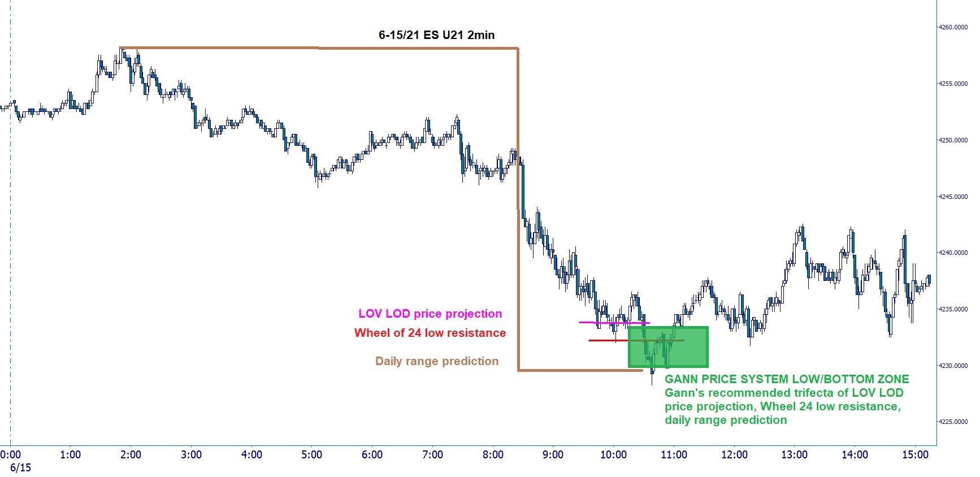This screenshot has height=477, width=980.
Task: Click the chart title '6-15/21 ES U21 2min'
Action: click(x=436, y=35)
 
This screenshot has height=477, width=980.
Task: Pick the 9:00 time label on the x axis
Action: click(x=553, y=455)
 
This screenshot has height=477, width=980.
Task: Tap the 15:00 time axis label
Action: click(x=915, y=455)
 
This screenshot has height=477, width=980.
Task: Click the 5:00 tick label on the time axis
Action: click(x=311, y=455)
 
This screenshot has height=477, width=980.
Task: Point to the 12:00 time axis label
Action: click(x=734, y=455)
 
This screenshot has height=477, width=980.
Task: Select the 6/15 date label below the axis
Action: click(x=20, y=468)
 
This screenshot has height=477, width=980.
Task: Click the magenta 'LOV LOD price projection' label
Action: click(x=430, y=314)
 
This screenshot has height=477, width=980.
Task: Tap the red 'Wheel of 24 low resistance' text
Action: click(x=430, y=333)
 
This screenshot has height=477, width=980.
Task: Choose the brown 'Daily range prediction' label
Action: click(x=437, y=361)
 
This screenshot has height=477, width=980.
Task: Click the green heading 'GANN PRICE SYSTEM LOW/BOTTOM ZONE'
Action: click(x=787, y=379)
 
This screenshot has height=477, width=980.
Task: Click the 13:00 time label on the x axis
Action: click(x=794, y=455)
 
